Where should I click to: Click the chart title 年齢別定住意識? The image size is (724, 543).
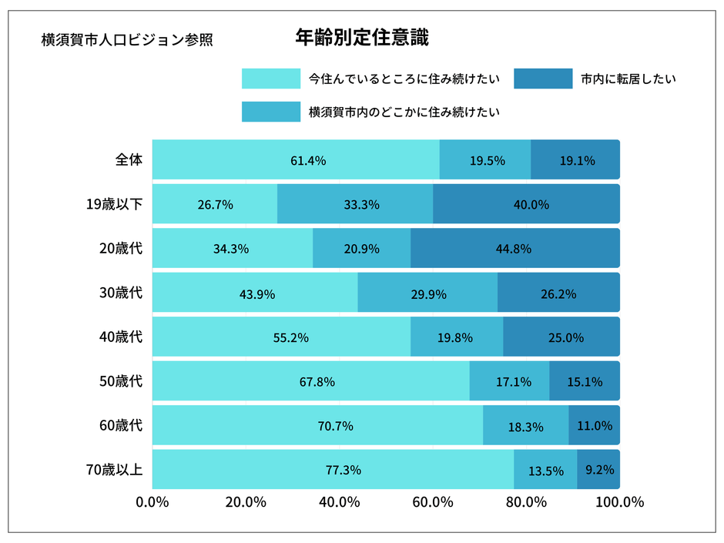coord(361,37)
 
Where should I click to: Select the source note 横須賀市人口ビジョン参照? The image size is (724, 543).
coord(127,40)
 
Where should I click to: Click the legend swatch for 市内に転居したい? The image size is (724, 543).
coord(542,79)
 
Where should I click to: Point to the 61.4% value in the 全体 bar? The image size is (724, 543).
coord(308,160)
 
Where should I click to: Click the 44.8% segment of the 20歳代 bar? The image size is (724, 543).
coord(514,249)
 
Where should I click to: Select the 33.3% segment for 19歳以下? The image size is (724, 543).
coord(355,204)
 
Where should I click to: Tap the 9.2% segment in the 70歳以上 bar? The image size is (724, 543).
coord(599,469)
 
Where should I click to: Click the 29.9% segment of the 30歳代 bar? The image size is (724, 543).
coord(427,293)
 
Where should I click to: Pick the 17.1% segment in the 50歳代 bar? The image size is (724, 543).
coord(509,381)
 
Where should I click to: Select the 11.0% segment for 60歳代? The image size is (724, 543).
coord(594,425)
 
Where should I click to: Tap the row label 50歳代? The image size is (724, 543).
coord(115,381)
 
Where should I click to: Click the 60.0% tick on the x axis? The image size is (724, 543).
coord(432,502)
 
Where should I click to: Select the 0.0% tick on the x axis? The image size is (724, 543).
coord(152,502)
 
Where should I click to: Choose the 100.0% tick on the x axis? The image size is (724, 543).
coord(618,502)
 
